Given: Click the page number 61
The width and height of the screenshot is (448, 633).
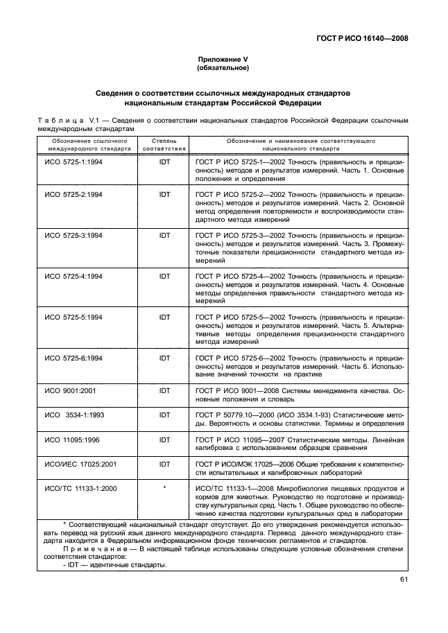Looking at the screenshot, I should click(403, 581).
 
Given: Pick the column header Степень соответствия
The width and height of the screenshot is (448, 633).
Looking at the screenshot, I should click(164, 144).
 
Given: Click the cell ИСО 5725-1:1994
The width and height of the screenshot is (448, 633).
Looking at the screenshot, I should click(74, 160).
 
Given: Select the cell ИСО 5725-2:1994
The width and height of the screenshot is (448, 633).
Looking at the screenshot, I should click(74, 194).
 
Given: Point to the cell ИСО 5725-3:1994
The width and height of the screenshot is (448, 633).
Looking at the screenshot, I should click(74, 236).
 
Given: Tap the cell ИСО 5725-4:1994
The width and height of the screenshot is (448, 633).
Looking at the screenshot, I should click(74, 277).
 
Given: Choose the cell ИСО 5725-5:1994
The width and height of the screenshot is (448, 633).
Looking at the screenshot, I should click(74, 317).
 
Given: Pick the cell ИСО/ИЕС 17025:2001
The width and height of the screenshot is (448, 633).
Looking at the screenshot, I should click(79, 464).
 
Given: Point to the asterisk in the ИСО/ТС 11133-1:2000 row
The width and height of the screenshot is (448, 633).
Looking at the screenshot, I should click(164, 489).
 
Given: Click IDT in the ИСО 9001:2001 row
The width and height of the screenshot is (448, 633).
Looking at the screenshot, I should click(164, 391).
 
